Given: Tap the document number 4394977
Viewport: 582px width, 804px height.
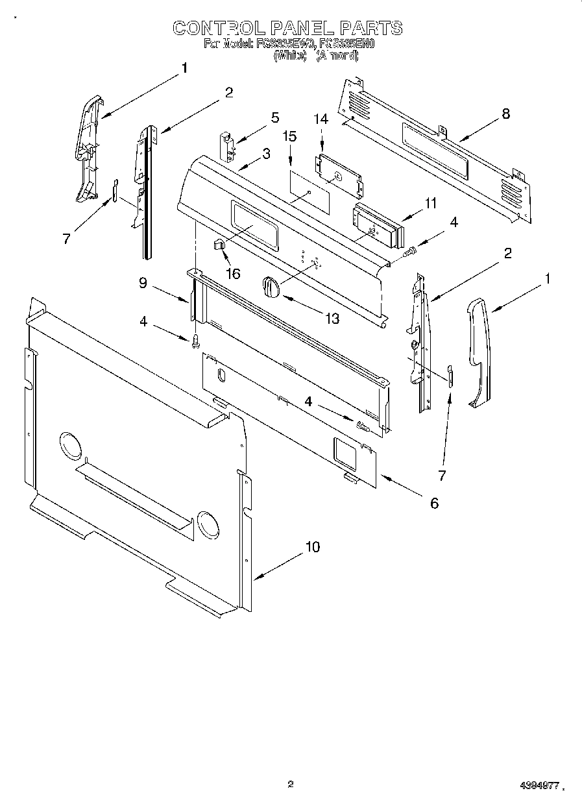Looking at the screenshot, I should pos(539,785).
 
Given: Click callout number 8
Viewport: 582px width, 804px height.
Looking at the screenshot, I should pos(505,114).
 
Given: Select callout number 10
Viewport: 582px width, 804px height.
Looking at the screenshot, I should pos(312,547).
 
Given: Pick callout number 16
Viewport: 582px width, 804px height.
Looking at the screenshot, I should pos(232,274).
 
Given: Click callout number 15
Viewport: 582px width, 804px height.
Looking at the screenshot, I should pos(290,136).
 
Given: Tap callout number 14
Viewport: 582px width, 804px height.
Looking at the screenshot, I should pos(321,119).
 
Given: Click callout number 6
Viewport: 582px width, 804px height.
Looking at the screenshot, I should pos(433,503).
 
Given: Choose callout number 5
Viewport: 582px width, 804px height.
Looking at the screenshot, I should pos(275,117).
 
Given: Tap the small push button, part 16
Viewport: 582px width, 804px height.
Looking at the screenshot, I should pos(218,245).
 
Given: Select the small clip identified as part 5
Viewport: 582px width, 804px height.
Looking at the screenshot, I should pos(226,143).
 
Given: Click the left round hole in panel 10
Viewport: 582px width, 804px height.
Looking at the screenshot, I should pos(70,447).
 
